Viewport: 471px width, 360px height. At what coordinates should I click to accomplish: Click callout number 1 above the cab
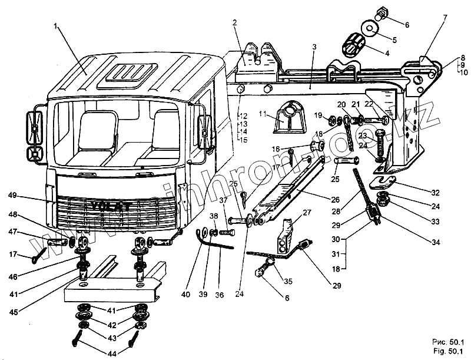coord(56,26)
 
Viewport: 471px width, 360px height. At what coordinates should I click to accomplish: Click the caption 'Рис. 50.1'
coord(448,342)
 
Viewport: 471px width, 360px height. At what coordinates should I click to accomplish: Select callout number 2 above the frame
coord(234,23)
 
